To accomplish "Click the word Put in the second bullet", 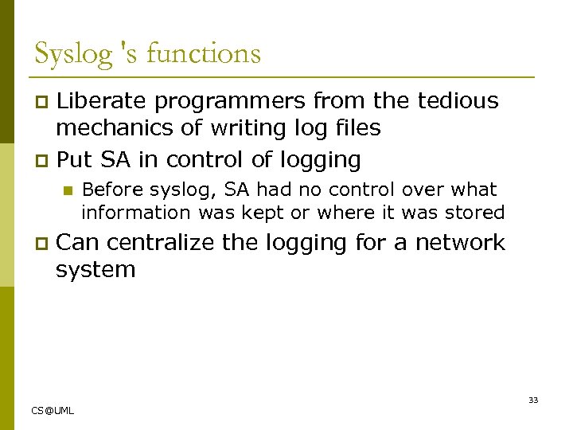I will pos(76,159).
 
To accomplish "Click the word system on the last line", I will pos(95,269).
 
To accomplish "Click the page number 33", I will pos(533,400).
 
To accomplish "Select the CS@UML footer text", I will pos(53,410).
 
